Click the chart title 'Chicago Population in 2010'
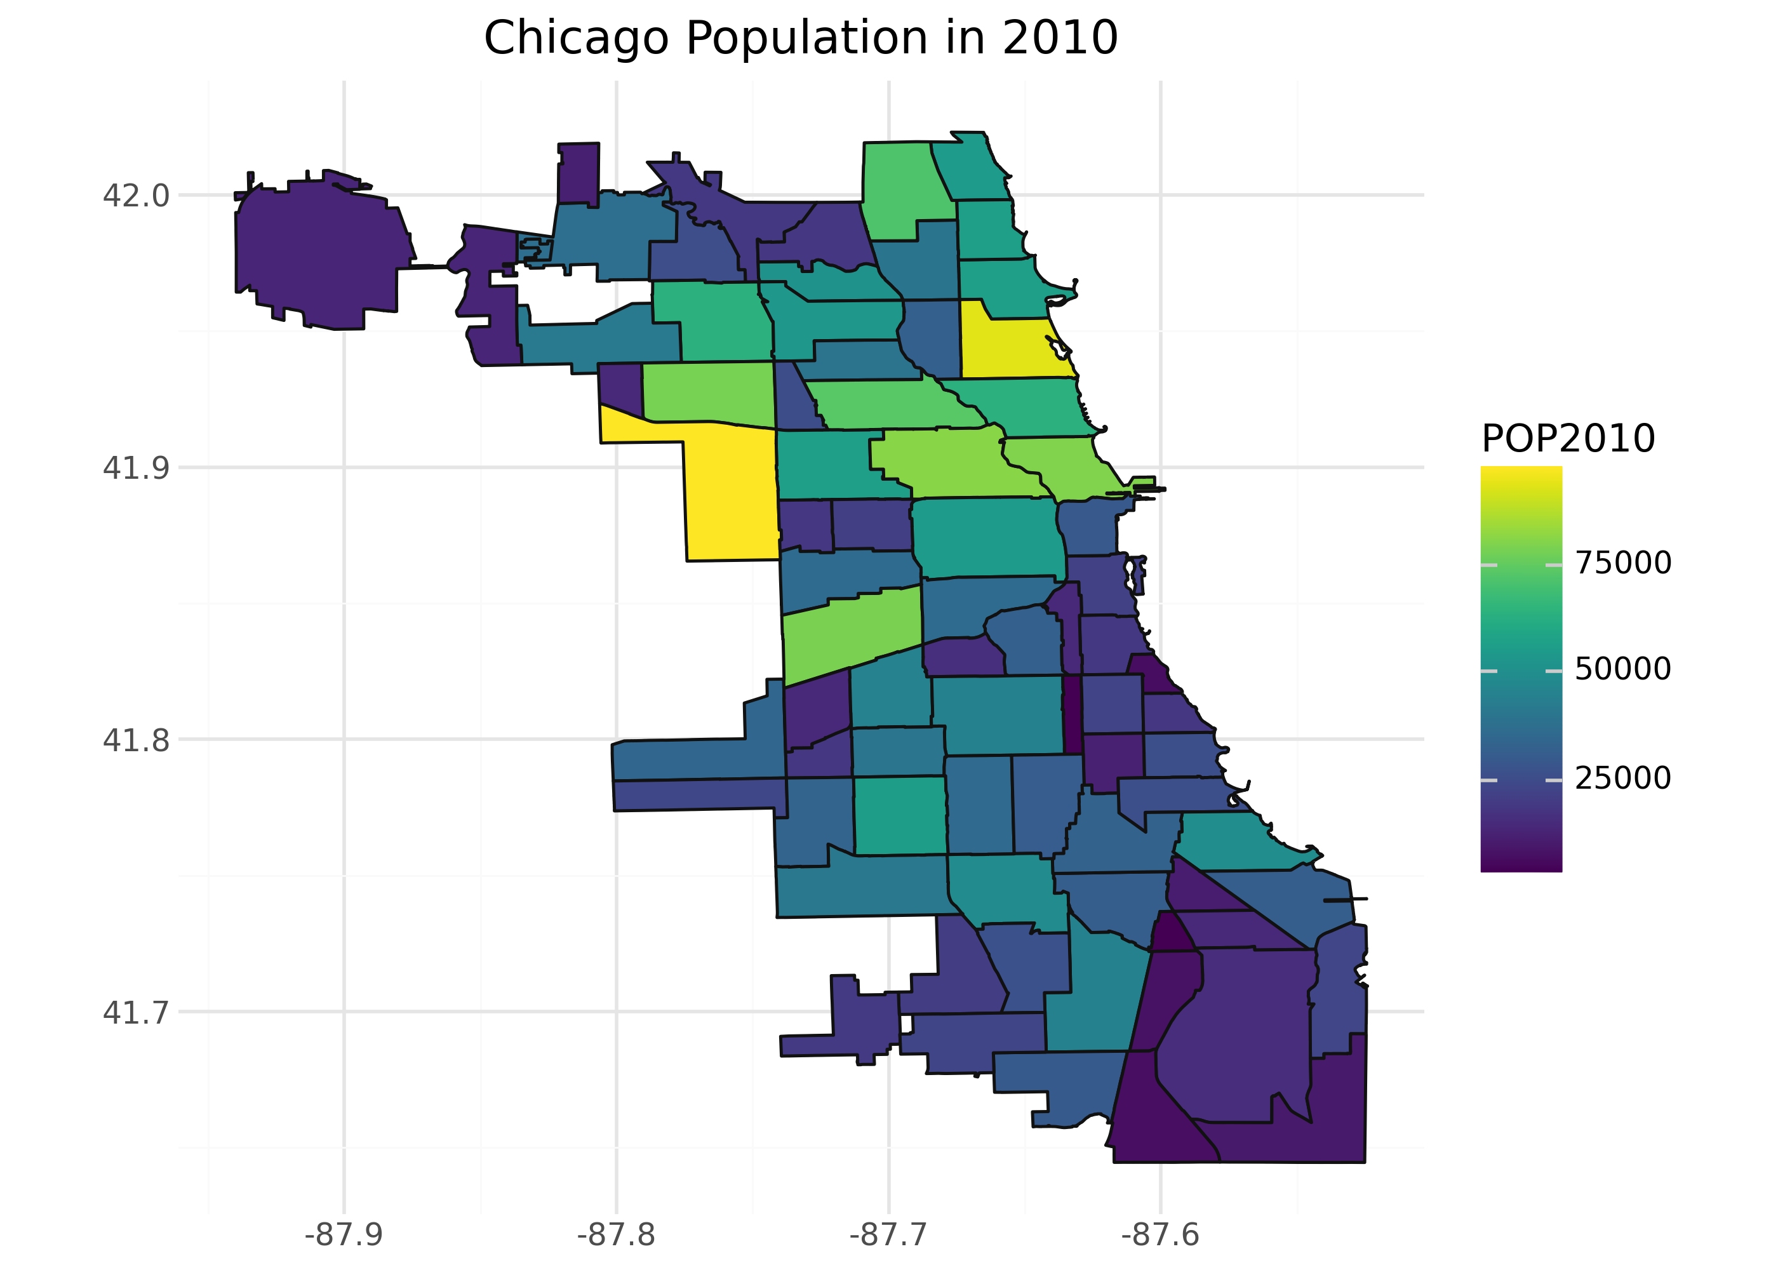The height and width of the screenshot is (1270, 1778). point(800,37)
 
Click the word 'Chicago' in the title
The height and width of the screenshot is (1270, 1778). point(575,37)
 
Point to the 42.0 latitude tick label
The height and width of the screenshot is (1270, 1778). point(135,196)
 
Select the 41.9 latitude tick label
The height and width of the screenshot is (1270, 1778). point(135,467)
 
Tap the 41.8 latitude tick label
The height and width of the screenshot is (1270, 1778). point(135,740)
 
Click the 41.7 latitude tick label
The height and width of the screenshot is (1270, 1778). point(135,1013)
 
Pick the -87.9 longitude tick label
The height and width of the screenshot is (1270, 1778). point(344,1234)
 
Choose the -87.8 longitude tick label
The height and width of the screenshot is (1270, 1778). point(615,1234)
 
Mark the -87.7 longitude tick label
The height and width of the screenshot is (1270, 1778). point(888,1234)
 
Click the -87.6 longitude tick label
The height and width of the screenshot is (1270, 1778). point(1160,1234)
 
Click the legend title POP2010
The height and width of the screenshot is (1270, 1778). point(1568,439)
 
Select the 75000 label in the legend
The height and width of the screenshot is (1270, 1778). point(1622,563)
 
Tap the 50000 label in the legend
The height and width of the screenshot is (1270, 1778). point(1622,669)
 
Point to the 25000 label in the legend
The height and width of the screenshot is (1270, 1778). point(1622,778)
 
